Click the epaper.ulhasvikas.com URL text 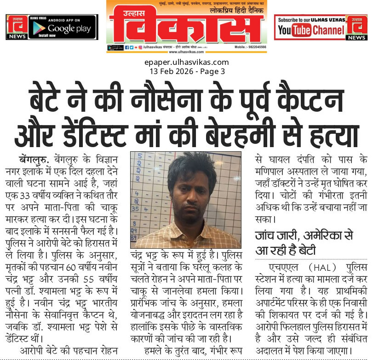coord(186,63)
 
